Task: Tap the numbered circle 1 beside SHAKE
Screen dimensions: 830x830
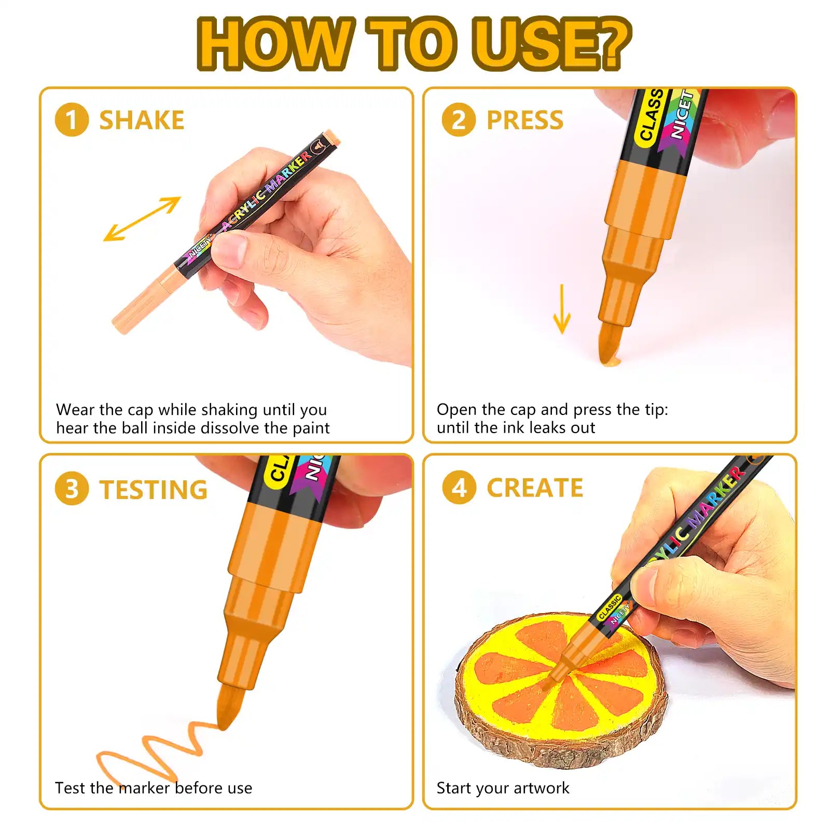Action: [72, 120]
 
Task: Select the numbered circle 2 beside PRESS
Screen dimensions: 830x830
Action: [459, 120]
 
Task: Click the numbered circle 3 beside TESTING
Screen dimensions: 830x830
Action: [72, 489]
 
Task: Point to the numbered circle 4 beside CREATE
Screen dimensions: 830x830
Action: [459, 488]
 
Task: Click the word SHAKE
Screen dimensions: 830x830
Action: [142, 120]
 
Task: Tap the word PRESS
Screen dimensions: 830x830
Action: [525, 120]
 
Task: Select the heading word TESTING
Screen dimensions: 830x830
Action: [154, 490]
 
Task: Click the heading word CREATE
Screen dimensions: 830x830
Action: [535, 488]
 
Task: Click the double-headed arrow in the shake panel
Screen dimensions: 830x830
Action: [142, 219]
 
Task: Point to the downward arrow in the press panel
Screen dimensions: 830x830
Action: [562, 309]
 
